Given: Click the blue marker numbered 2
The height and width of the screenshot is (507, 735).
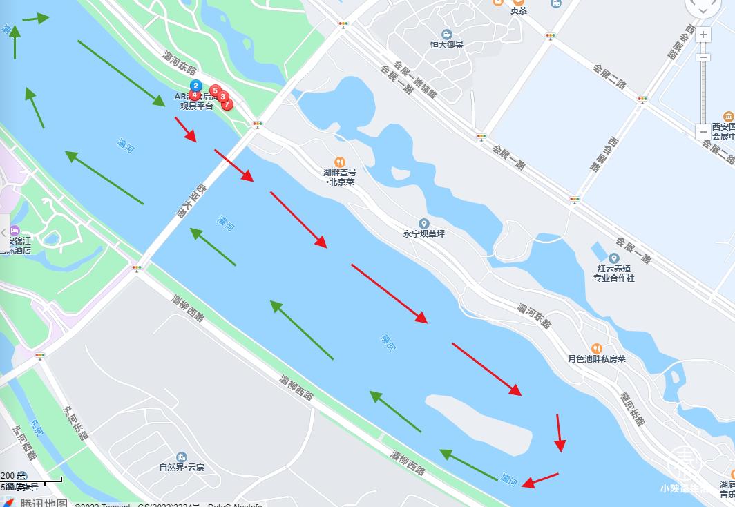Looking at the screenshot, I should pyautogui.click(x=196, y=86).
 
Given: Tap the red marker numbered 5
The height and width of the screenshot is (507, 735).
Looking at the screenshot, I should pyautogui.click(x=215, y=90).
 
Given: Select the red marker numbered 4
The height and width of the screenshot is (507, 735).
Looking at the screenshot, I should pyautogui.click(x=195, y=95).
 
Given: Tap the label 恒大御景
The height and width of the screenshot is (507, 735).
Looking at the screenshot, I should pyautogui.click(x=447, y=44).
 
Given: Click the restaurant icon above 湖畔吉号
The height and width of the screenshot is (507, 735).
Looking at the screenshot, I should pyautogui.click(x=339, y=162).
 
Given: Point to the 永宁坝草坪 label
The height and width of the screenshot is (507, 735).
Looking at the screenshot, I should pyautogui.click(x=424, y=233).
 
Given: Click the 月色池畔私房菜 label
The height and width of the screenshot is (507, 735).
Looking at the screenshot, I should pyautogui.click(x=597, y=358).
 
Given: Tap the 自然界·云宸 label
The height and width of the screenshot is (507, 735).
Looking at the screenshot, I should pyautogui.click(x=181, y=467).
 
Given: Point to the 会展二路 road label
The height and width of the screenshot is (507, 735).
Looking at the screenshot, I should pyautogui.click(x=609, y=76).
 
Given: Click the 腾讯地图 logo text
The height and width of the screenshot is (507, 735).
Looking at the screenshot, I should pyautogui.click(x=43, y=503).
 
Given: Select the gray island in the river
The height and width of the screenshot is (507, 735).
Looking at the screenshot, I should pyautogui.click(x=477, y=423).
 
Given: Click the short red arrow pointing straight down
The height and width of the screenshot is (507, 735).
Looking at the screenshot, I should pyautogui.click(x=560, y=433).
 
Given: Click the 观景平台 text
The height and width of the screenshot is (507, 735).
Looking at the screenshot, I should pyautogui.click(x=197, y=106).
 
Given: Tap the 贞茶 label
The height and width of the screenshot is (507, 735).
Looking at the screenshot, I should pyautogui.click(x=518, y=10).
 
